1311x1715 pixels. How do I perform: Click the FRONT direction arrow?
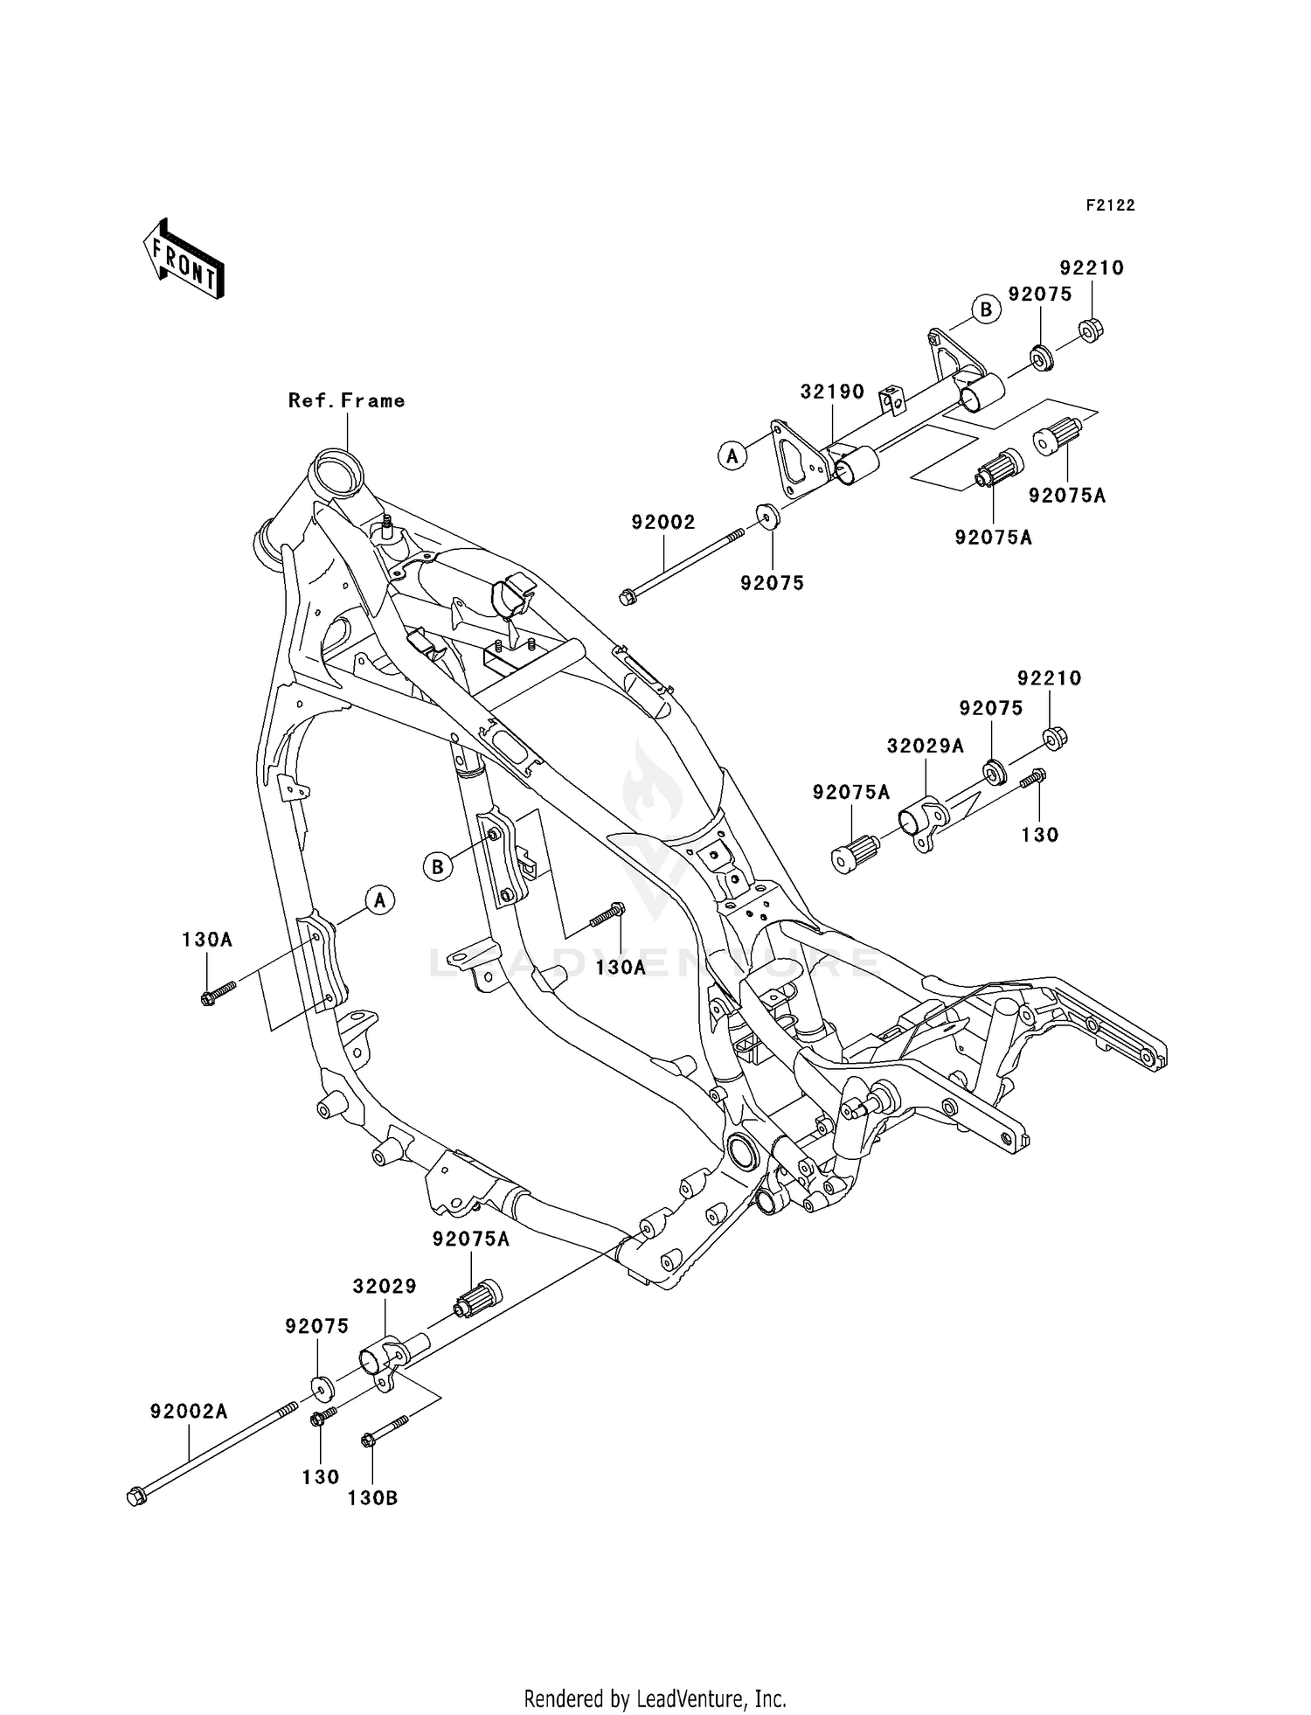pos(184,260)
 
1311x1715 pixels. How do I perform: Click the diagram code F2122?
pos(1110,205)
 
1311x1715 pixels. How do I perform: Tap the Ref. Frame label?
pos(347,400)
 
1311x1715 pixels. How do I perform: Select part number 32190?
pos(832,392)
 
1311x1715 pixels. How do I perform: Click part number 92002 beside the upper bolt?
pos(663,522)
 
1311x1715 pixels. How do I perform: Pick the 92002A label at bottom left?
pos(189,1411)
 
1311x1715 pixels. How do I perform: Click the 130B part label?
pos(372,1497)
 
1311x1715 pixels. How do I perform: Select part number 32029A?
pos(926,746)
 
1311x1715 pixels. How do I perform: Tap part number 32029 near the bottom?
pos(385,1286)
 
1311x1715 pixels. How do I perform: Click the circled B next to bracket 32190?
pos(985,309)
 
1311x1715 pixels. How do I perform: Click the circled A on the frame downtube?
pos(379,899)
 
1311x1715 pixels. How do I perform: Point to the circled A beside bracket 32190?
pos(732,455)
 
